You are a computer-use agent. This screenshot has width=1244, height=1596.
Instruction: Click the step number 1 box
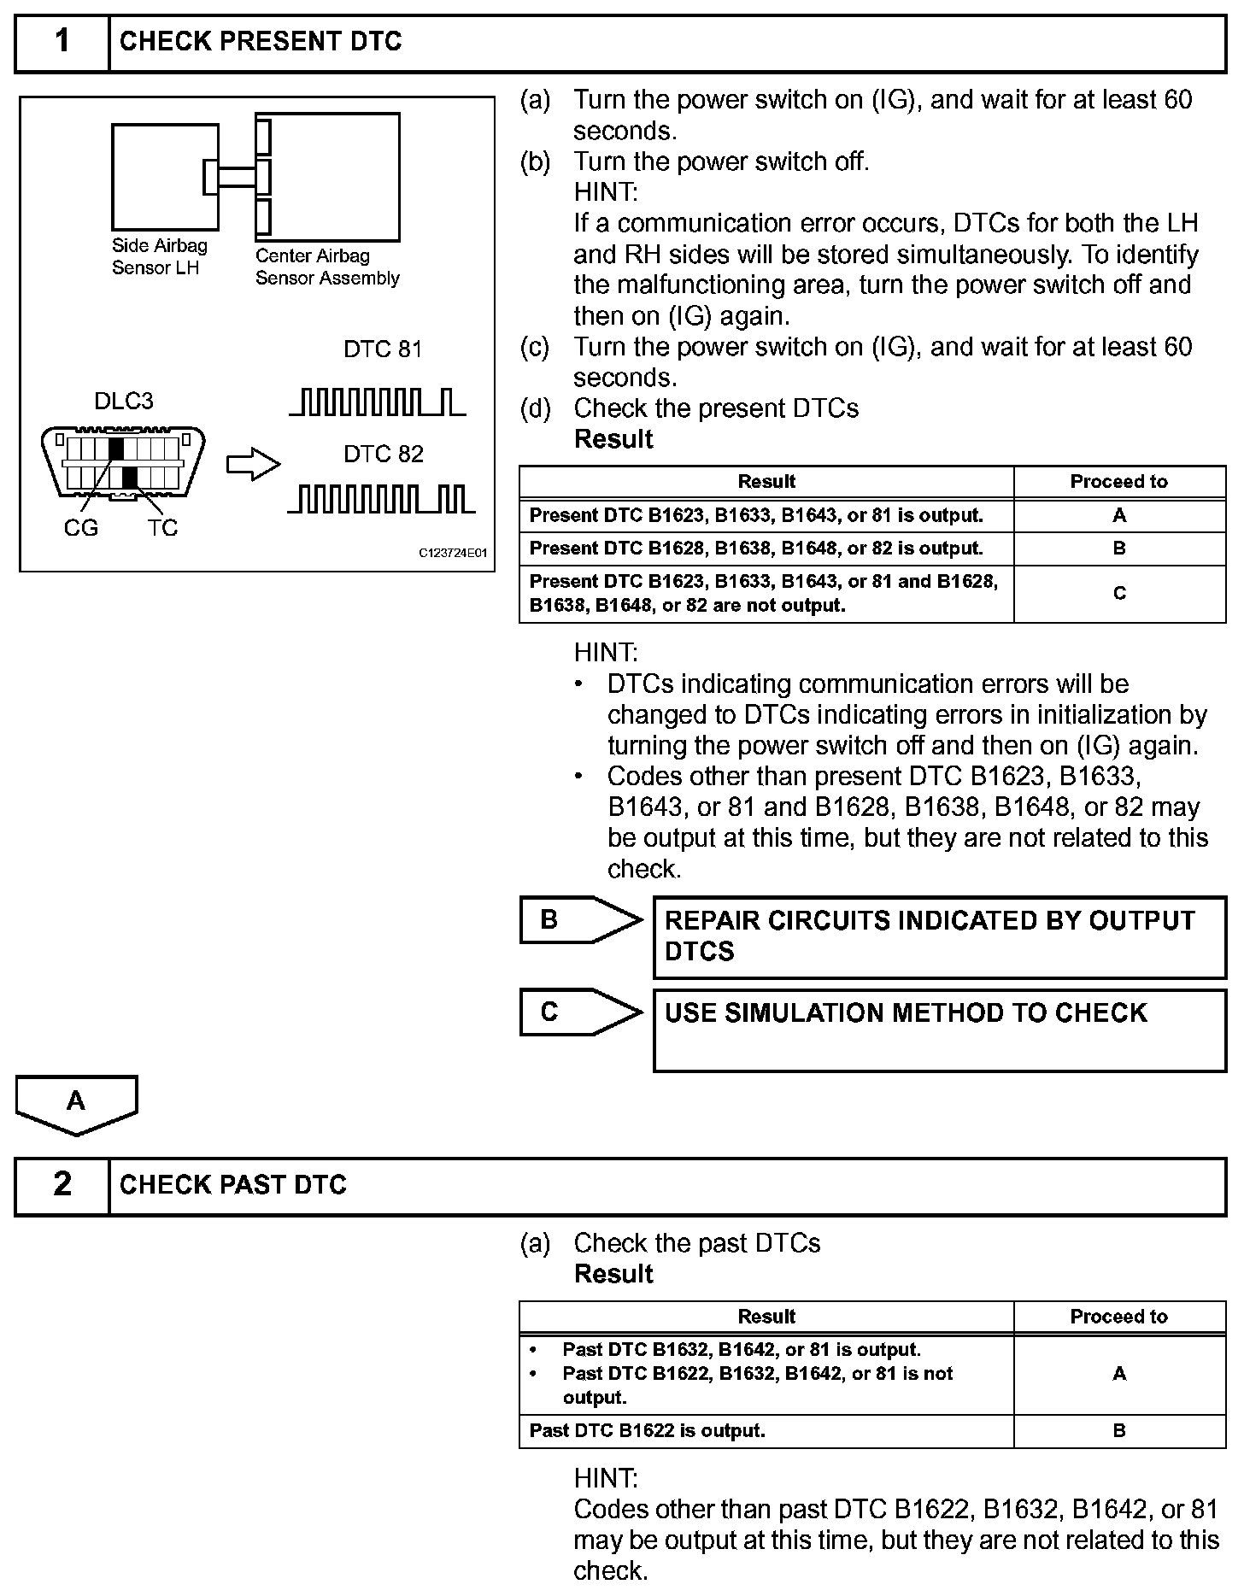click(x=62, y=42)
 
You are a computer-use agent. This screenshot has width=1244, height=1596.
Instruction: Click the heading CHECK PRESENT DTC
click(x=261, y=42)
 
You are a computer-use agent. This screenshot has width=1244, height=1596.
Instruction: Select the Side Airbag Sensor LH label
click(x=160, y=256)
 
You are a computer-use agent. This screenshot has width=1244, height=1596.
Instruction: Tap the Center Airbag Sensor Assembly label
click(x=327, y=267)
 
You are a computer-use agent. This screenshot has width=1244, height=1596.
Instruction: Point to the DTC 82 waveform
click(x=381, y=499)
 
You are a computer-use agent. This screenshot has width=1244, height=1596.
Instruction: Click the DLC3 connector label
click(x=124, y=402)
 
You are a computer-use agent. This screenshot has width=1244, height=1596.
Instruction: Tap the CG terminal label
click(x=81, y=529)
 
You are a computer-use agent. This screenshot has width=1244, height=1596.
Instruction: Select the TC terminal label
click(x=162, y=529)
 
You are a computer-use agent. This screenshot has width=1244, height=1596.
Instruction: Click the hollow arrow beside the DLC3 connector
click(x=253, y=466)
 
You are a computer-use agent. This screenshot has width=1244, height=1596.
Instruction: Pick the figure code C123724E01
click(x=452, y=554)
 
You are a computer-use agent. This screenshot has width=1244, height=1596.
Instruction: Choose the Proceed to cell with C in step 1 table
click(x=1119, y=594)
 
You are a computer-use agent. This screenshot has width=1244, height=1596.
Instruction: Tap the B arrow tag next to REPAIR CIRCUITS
click(x=580, y=920)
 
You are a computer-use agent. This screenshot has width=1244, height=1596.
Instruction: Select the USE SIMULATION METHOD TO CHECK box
click(x=939, y=1030)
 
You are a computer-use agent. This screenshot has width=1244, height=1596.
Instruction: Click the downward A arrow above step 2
click(x=76, y=1104)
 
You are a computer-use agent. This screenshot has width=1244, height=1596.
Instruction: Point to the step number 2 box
click(x=62, y=1185)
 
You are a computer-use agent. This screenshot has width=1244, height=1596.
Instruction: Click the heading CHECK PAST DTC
click(x=233, y=1185)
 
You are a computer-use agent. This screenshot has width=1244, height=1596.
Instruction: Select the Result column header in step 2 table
click(x=766, y=1317)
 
